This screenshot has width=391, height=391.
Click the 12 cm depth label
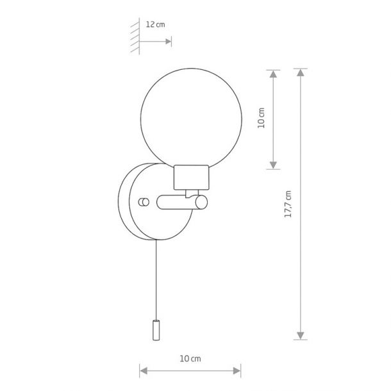(155, 25)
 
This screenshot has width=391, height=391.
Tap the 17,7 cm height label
(288, 204)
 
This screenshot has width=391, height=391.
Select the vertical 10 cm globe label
(261, 118)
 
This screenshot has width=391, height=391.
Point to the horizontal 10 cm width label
(190, 358)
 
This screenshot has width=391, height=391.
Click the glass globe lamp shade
(191, 118)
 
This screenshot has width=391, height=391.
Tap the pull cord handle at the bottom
(156, 330)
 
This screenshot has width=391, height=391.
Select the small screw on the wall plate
(144, 202)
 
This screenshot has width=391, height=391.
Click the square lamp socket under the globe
(191, 178)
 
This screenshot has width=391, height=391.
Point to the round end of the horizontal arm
(201, 203)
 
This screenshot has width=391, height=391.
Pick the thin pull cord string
(156, 279)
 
